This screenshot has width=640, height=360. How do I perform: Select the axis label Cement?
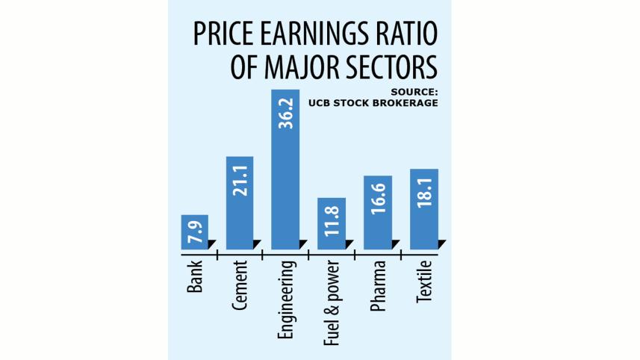[240, 287]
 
